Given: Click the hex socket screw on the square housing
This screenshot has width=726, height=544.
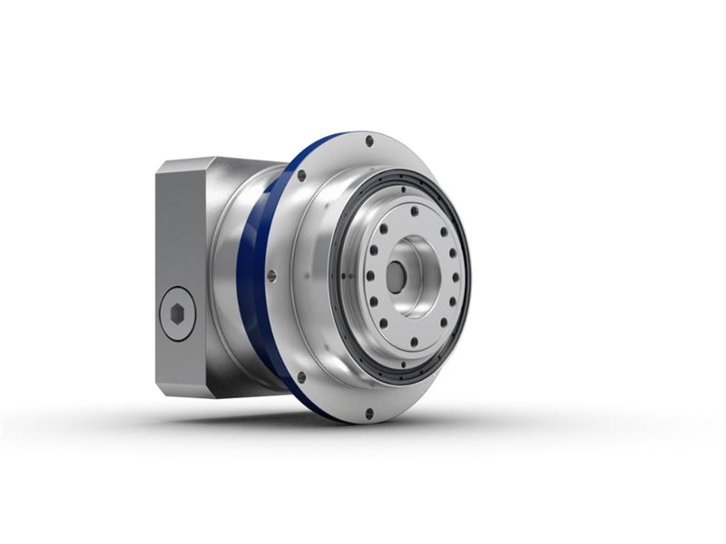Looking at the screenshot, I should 178,314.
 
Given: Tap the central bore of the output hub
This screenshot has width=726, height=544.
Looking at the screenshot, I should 396,277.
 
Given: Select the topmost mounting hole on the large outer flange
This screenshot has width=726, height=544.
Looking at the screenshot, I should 368,141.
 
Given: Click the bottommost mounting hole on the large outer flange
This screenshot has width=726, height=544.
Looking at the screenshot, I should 368,413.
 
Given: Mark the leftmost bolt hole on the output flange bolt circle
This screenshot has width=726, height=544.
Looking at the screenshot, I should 368,277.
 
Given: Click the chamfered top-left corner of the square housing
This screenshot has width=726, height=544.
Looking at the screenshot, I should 163,168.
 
